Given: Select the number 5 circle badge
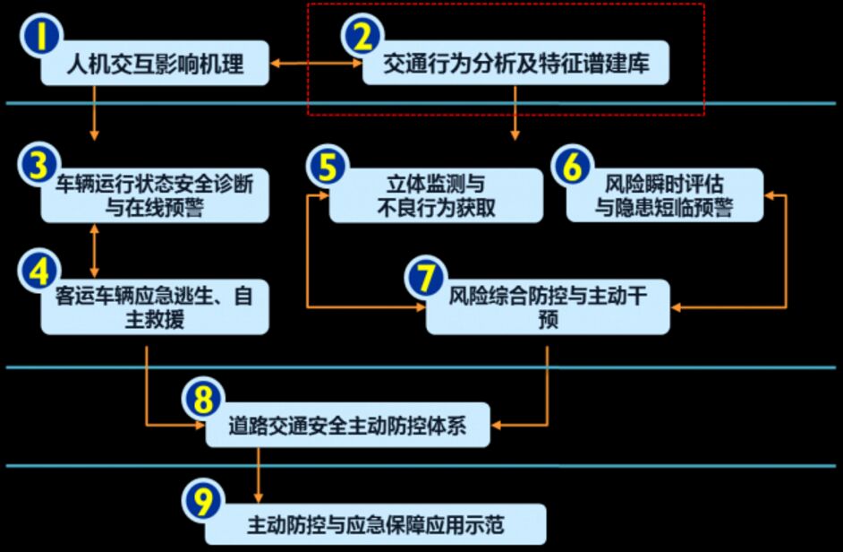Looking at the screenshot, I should (327, 168).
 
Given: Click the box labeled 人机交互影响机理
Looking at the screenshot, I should (157, 64).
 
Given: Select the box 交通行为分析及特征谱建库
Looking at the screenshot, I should (516, 64).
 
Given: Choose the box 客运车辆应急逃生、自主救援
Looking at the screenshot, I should (157, 307).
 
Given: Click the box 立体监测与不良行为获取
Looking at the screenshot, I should (436, 195).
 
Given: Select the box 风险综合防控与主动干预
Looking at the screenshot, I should (548, 307).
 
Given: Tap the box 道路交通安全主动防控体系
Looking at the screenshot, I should (348, 423).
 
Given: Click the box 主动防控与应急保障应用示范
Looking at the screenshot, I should (376, 524).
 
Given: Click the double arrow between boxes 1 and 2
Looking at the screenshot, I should (316, 64).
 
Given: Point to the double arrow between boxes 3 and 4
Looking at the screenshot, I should (94, 250).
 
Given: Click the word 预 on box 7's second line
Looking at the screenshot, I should (548, 319).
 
